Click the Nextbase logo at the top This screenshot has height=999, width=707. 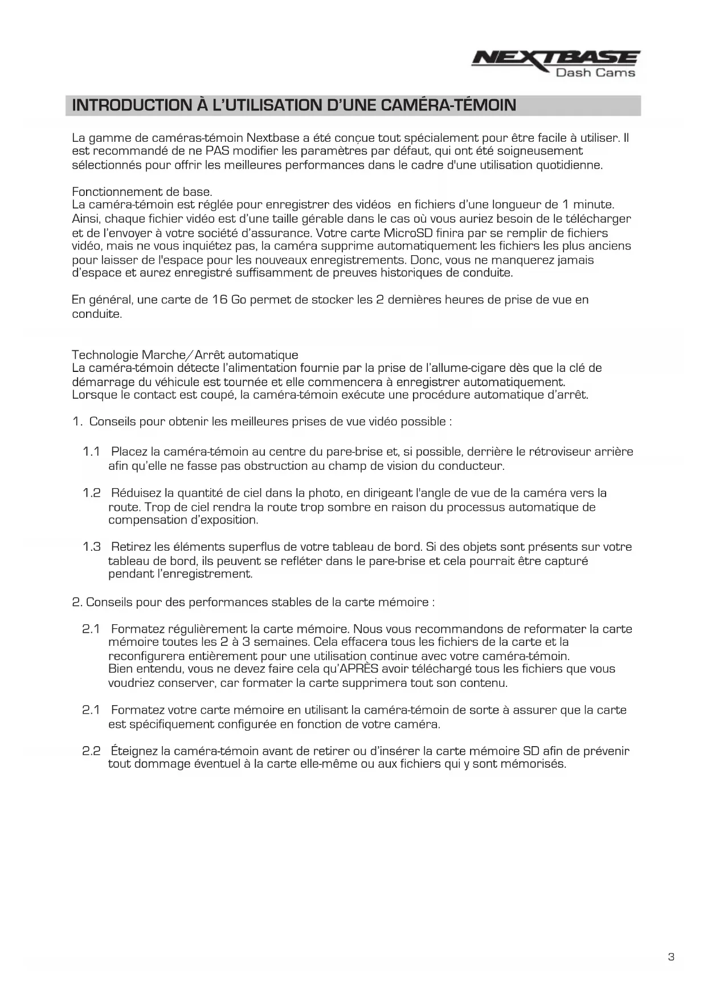[555, 59]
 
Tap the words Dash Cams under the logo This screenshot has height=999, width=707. [595, 72]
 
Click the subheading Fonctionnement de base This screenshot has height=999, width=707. [142, 192]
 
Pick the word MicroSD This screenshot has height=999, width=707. [408, 233]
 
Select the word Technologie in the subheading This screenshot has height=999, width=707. [105, 355]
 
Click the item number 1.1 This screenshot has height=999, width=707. [91, 452]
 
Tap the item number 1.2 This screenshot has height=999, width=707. [91, 493]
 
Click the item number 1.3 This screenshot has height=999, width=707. [91, 547]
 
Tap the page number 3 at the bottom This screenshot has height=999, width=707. [671, 957]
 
